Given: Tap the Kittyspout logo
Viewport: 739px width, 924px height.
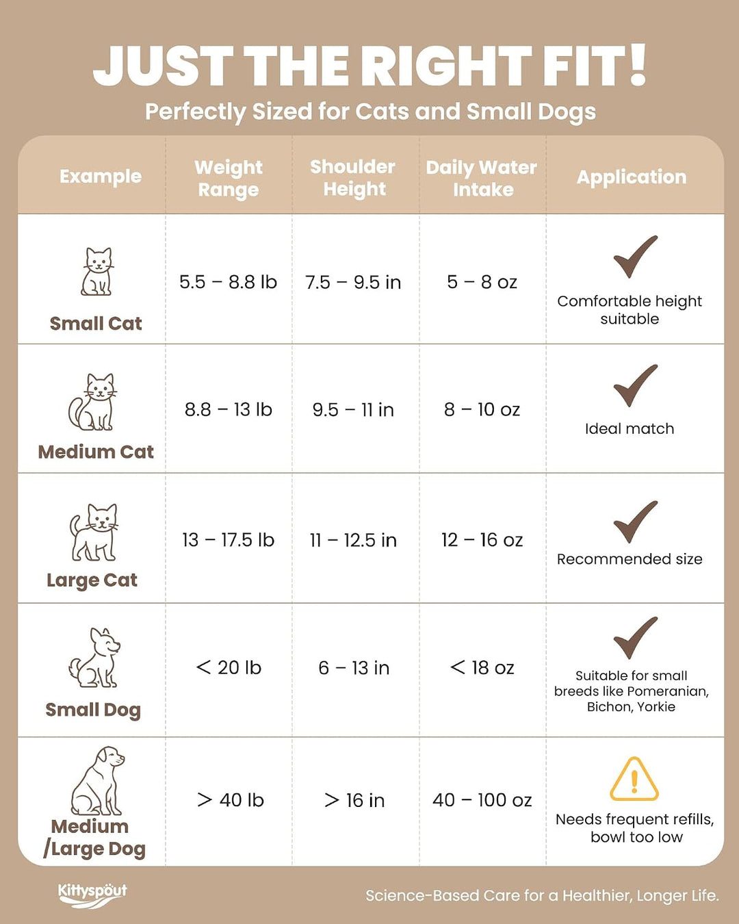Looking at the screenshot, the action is pyautogui.click(x=92, y=895).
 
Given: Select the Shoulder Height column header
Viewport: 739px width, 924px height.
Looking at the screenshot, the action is pyautogui.click(x=353, y=178).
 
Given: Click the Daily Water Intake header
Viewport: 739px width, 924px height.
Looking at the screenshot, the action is pyautogui.click(x=481, y=178).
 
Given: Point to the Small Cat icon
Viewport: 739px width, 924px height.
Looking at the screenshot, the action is pyautogui.click(x=96, y=271).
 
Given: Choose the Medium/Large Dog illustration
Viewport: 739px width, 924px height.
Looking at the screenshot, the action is pyautogui.click(x=97, y=780).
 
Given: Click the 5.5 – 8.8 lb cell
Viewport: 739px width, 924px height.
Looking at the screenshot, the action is pyautogui.click(x=228, y=282).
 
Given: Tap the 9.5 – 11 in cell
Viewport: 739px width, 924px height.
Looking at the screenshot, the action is pyautogui.click(x=353, y=409).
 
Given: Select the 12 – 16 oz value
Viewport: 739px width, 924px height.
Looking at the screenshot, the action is pyautogui.click(x=482, y=540).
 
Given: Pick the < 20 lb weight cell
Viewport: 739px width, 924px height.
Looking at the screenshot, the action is pyautogui.click(x=229, y=667).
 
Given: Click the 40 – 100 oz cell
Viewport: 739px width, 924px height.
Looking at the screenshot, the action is pyautogui.click(x=482, y=800).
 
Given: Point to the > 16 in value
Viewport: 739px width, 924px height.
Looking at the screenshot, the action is pyautogui.click(x=354, y=800).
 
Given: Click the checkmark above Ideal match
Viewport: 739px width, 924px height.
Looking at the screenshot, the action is pyautogui.click(x=635, y=386).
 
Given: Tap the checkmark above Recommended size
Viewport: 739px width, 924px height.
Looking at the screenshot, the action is pyautogui.click(x=635, y=522).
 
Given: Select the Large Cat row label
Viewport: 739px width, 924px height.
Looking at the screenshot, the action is pyautogui.click(x=92, y=580).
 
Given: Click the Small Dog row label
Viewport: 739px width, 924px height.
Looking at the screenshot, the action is pyautogui.click(x=93, y=710).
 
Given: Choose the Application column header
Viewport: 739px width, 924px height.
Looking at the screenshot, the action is pyautogui.click(x=632, y=177).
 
